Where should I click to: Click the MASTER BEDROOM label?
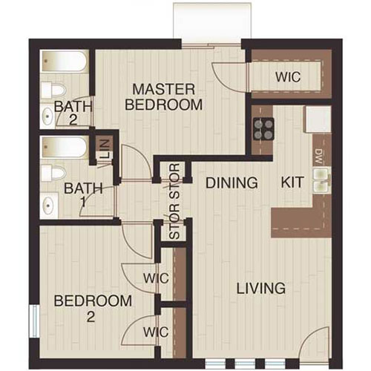(163, 97)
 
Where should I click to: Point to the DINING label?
(232, 183)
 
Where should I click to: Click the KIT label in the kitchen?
(292, 183)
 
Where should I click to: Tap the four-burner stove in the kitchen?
(263, 129)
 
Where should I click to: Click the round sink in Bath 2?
(47, 116)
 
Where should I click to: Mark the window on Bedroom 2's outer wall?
(33, 325)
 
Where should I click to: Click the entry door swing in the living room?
(315, 345)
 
